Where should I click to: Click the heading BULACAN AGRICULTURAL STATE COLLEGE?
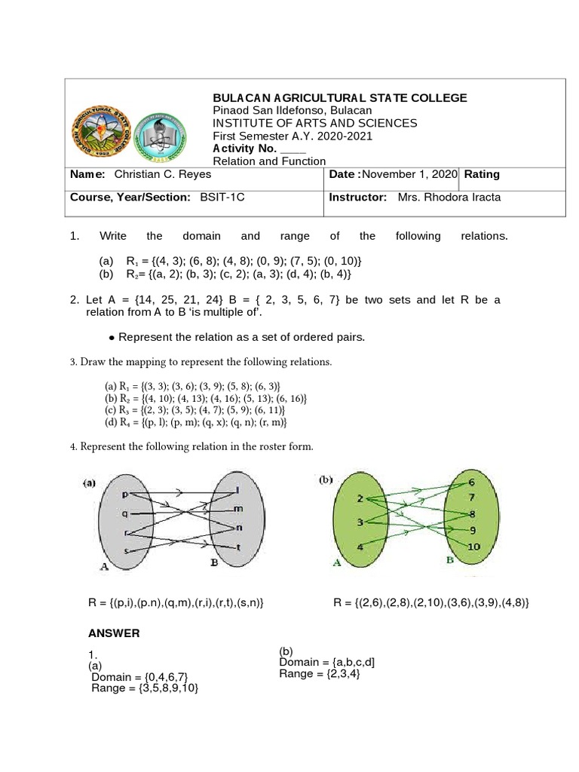[340, 98]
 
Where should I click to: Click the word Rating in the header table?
[482, 174]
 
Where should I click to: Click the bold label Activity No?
[246, 149]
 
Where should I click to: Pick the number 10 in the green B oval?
[473, 546]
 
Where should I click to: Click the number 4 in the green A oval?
[360, 546]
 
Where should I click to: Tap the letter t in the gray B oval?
[239, 547]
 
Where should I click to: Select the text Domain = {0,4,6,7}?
[139, 677]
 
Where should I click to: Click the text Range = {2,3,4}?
[320, 673]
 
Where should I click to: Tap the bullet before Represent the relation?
[112, 337]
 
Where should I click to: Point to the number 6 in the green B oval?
[472, 482]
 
